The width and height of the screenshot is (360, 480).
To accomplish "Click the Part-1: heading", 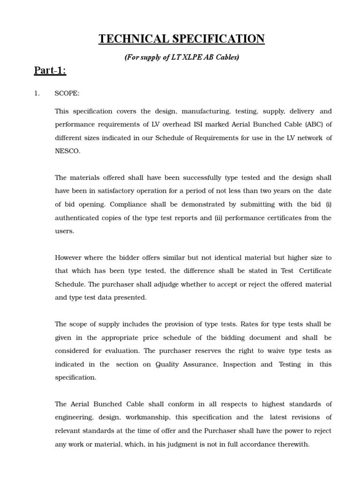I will tap(50, 71).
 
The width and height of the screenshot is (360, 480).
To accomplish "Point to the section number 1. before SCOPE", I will tap(37, 93).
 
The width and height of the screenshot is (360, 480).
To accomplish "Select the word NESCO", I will tap(67, 151).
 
